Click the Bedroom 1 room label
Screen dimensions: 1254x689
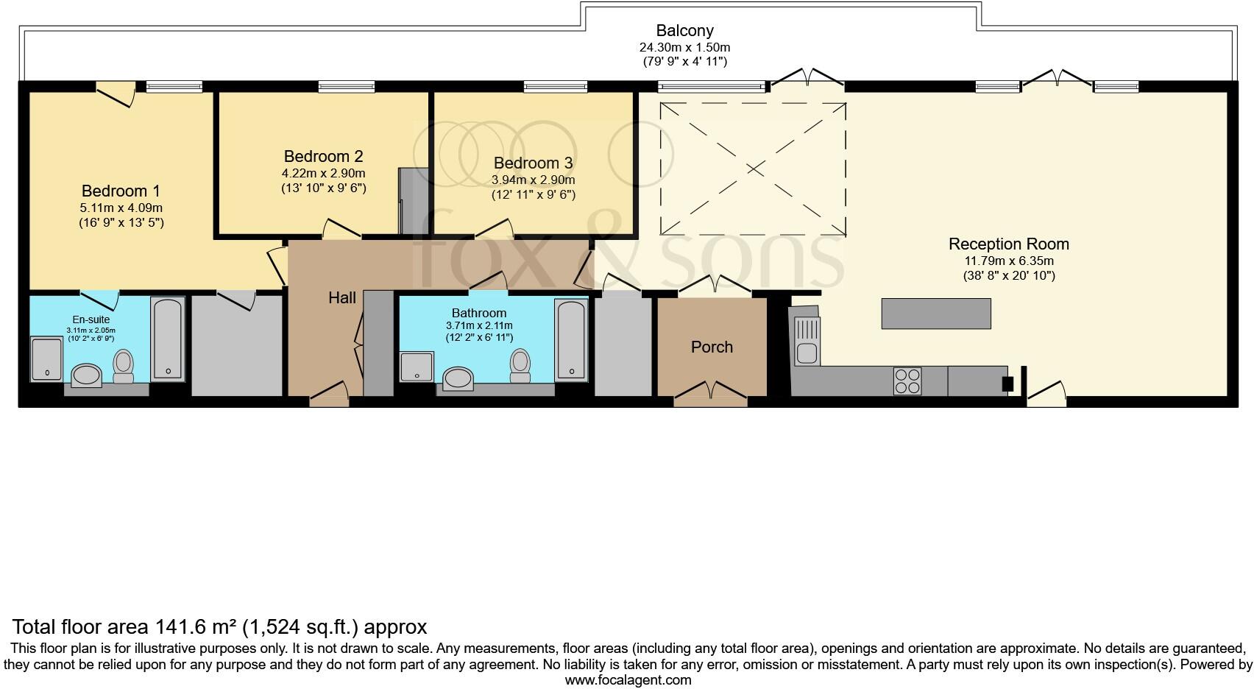[121, 191]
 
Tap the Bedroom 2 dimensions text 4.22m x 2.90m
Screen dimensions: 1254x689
[324, 173]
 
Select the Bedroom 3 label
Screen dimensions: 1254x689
[534, 163]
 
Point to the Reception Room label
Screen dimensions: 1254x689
[1009, 244]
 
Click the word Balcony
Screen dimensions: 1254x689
[684, 31]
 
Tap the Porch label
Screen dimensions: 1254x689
[712, 347]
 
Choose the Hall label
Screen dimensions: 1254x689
[342, 297]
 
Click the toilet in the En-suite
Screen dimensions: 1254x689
[124, 367]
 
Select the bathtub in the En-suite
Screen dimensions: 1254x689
[168, 339]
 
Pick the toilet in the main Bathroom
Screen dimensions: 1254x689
[520, 366]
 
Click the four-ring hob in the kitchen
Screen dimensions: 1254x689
[907, 381]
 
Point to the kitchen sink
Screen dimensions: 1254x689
[807, 341]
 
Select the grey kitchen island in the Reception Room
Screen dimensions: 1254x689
[936, 313]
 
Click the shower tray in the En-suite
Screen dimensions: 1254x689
[46, 359]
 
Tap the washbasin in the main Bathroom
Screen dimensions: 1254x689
[458, 378]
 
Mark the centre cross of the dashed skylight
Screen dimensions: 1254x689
[754, 169]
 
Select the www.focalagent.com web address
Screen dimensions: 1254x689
[628, 680]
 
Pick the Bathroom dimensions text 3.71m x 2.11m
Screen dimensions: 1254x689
[479, 325]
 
